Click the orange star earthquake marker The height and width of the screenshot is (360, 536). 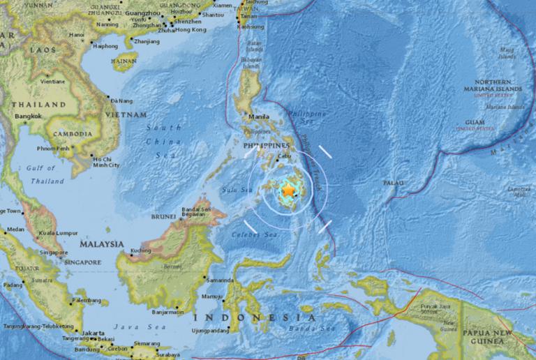(x=288, y=190)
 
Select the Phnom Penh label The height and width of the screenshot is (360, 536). (x=53, y=148)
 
